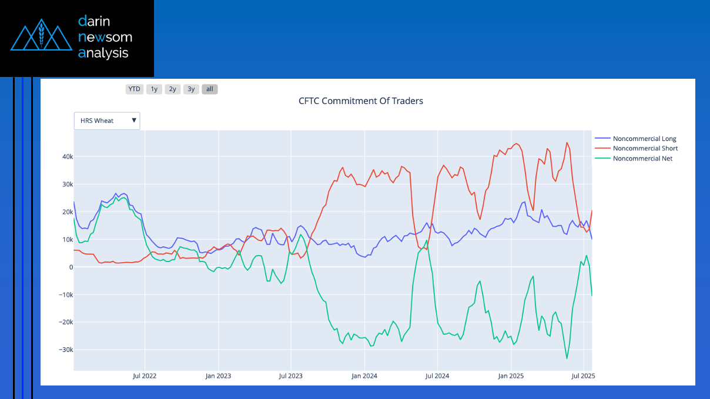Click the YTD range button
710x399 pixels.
[135, 89]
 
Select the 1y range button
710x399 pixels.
[154, 89]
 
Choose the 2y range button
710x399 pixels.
[172, 89]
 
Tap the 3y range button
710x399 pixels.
[191, 89]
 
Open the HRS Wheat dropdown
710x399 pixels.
[107, 121]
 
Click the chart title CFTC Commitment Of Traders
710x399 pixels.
[360, 101]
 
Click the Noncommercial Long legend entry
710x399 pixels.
[644, 139]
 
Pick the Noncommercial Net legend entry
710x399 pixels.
[642, 159]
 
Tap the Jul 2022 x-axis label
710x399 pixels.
[145, 376]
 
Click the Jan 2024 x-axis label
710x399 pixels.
[364, 376]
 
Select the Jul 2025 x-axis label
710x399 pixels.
[582, 376]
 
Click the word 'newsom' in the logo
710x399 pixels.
[105, 38]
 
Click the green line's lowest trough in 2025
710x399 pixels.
[567, 358]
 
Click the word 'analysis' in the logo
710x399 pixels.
[103, 53]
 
